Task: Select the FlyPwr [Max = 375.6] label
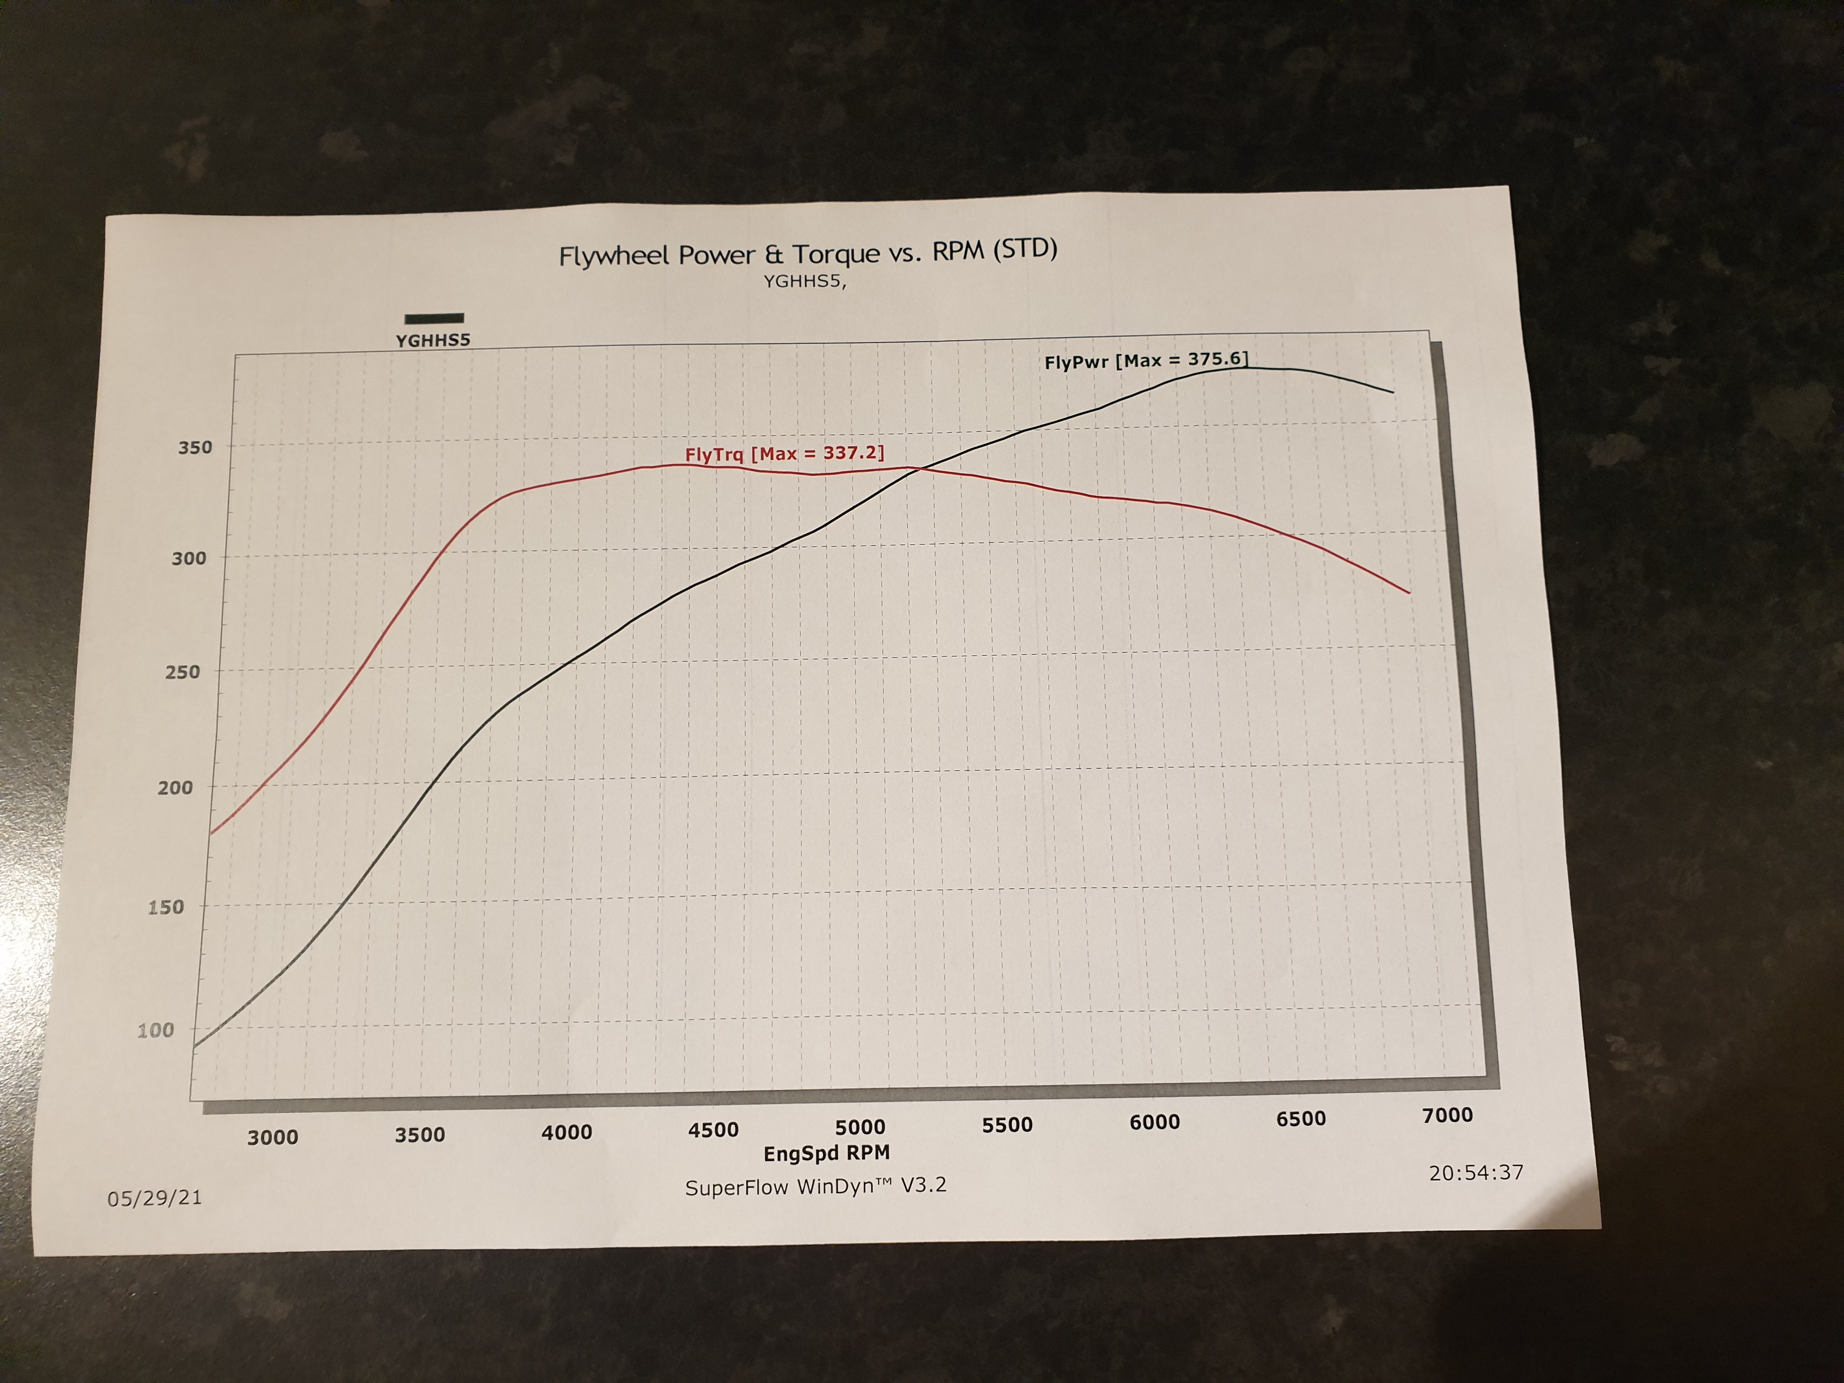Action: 1146,360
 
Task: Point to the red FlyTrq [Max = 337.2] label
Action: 783,454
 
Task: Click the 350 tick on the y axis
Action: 195,448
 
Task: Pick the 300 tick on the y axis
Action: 188,558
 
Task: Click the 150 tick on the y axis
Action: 166,907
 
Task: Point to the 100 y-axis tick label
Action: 156,1030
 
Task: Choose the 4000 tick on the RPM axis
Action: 567,1132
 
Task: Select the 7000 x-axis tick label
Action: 1447,1115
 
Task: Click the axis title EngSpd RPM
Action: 826,1153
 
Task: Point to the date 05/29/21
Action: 154,1198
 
